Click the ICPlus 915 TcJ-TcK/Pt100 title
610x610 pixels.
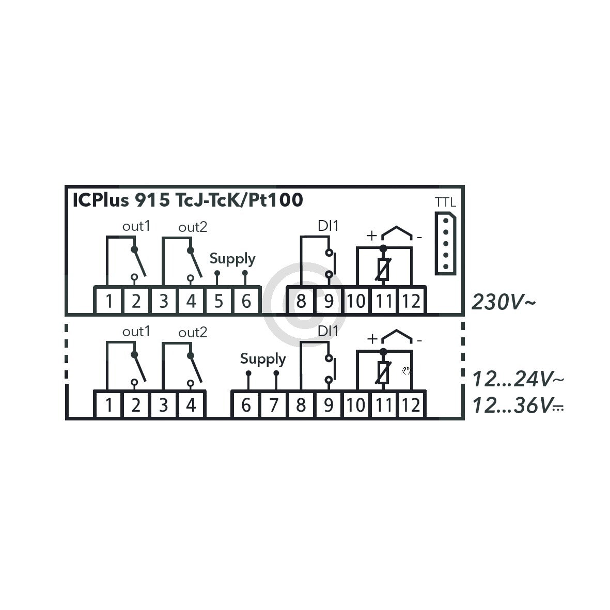pyautogui.click(x=187, y=200)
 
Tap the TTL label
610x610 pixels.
pyautogui.click(x=445, y=202)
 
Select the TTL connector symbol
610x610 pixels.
pyautogui.click(x=445, y=243)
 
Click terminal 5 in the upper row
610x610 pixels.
pyautogui.click(x=218, y=301)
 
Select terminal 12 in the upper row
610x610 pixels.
pyautogui.click(x=411, y=301)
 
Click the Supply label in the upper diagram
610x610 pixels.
pyautogui.click(x=232, y=259)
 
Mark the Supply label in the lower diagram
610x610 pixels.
pyautogui.click(x=263, y=359)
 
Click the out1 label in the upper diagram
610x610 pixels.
pyautogui.click(x=136, y=226)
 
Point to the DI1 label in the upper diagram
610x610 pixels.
pyautogui.click(x=328, y=226)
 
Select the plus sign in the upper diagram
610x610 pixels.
pyautogui.click(x=371, y=236)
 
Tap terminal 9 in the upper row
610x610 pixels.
pyautogui.click(x=328, y=301)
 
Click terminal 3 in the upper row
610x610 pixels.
pyautogui.click(x=163, y=301)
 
